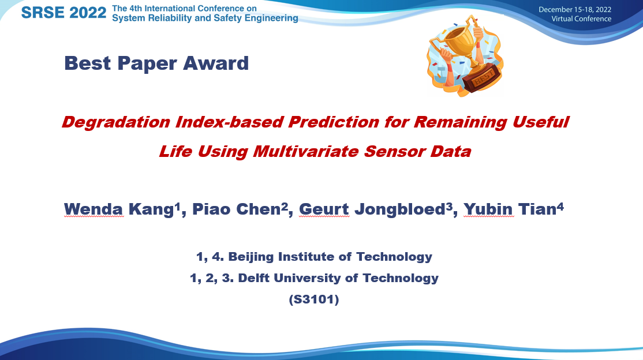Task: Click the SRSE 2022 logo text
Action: [x=63, y=13]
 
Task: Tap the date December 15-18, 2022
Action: [x=574, y=9]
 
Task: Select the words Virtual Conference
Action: [x=581, y=19]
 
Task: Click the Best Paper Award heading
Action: [x=156, y=63]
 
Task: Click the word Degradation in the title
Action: [x=115, y=122]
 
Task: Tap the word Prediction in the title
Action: [x=334, y=122]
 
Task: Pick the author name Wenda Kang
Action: [x=119, y=209]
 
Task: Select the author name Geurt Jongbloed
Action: [x=372, y=209]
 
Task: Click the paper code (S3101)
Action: [x=314, y=299]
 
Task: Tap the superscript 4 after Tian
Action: [x=560, y=206]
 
